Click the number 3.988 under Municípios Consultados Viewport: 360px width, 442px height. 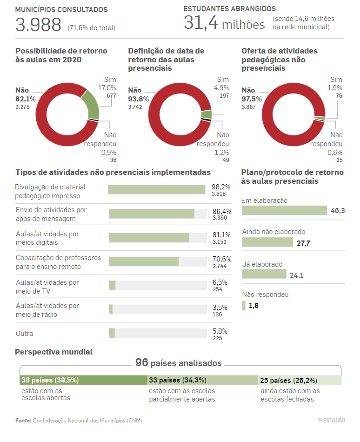(x=38, y=25)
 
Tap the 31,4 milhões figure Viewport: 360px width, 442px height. (x=224, y=23)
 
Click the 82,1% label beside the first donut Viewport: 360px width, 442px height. (x=26, y=99)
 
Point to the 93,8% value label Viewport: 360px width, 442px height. (x=138, y=99)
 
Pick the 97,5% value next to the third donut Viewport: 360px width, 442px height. (x=252, y=99)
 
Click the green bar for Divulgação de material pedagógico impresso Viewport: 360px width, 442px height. (x=157, y=189)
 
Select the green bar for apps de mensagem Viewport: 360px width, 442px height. (x=152, y=214)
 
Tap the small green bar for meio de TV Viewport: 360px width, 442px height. (x=112, y=285)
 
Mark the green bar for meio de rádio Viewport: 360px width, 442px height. (x=111, y=309)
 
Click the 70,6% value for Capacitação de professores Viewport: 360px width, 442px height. (x=222, y=259)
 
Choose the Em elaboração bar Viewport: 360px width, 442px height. (x=285, y=211)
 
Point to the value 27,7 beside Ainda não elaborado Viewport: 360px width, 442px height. (x=303, y=243)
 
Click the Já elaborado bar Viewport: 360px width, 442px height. (x=264, y=274)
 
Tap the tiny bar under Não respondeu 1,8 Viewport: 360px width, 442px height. (x=244, y=306)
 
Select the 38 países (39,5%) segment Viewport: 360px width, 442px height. (x=83, y=380)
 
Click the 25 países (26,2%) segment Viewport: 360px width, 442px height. (x=300, y=380)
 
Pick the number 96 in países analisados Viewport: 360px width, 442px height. (x=142, y=362)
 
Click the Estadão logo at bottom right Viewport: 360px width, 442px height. (x=332, y=420)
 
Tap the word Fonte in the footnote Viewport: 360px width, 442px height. (x=23, y=421)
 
